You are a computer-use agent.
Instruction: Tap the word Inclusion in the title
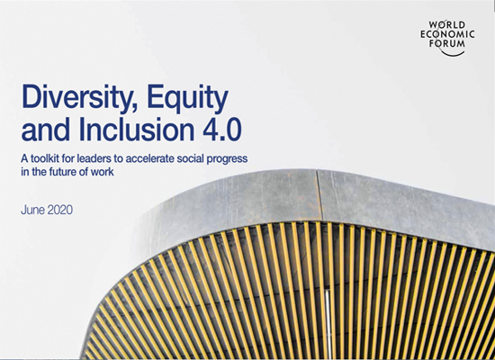(x=136, y=129)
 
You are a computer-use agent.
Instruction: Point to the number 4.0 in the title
(x=222, y=130)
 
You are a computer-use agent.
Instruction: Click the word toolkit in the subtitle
(x=44, y=158)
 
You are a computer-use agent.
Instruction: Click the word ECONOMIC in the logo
(x=447, y=34)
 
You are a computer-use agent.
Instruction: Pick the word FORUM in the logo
(x=446, y=43)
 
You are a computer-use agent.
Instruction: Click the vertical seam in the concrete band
(x=320, y=195)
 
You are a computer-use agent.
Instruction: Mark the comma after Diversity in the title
(x=135, y=109)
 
